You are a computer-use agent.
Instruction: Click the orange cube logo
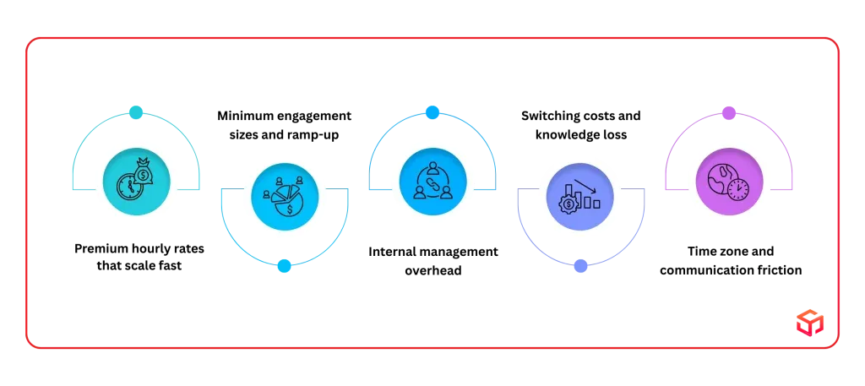(x=810, y=323)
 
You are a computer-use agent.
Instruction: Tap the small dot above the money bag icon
(x=136, y=112)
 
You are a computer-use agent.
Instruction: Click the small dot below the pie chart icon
(x=284, y=266)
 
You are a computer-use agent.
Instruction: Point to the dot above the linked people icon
(x=432, y=112)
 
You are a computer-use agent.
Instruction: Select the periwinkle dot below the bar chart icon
(x=580, y=266)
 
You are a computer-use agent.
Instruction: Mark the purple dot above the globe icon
(x=729, y=113)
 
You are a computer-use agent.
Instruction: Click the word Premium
(x=98, y=248)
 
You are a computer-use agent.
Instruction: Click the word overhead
(x=433, y=271)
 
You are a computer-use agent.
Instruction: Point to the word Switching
(x=547, y=117)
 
